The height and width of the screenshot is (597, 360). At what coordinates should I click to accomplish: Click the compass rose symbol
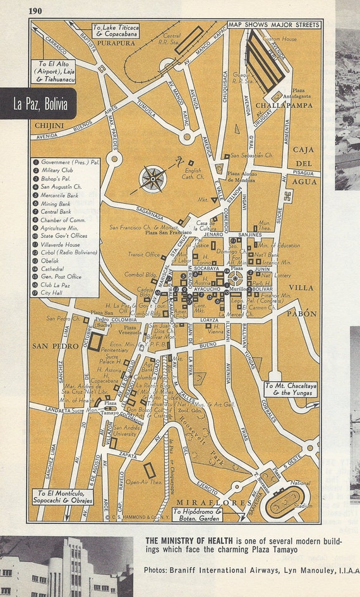tap(152, 178)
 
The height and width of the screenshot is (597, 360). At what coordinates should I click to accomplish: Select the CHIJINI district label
tap(49, 126)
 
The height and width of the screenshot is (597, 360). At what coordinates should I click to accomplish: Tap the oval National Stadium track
tap(287, 503)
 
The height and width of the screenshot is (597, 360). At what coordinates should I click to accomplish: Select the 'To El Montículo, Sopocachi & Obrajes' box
tap(64, 496)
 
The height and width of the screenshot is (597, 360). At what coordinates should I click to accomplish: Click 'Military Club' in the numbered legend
tap(57, 170)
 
